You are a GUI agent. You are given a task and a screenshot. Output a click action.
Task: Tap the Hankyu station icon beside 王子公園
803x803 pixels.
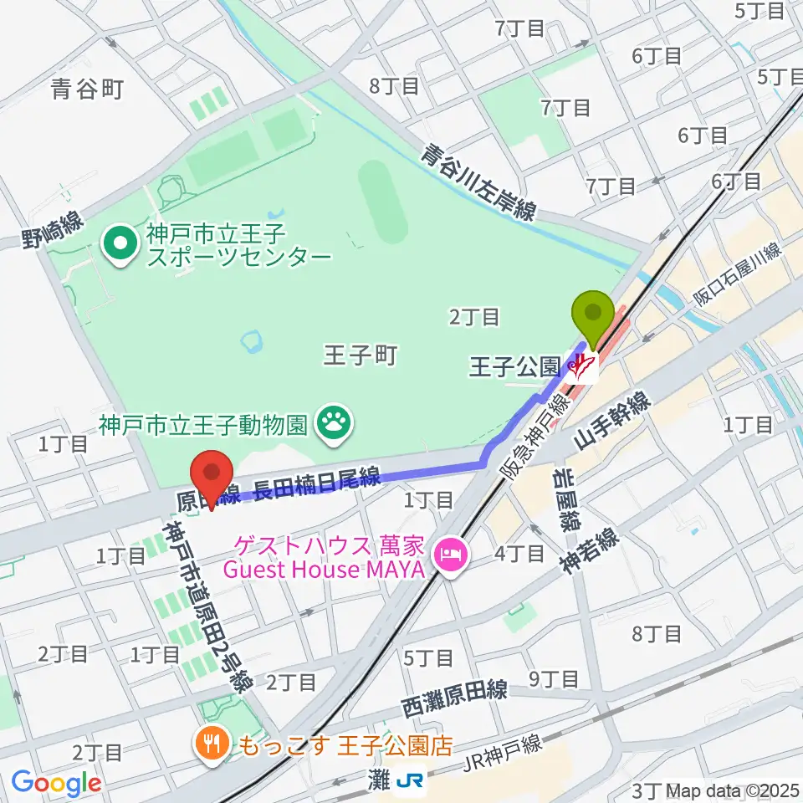click(584, 366)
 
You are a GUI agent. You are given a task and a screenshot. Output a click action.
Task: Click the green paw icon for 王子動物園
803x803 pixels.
click(335, 423)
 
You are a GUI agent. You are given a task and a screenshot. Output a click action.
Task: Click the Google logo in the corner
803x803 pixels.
click(56, 784)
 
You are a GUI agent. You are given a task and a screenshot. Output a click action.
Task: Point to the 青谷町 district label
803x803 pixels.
click(87, 89)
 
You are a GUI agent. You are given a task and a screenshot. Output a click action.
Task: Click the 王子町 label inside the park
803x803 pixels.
click(359, 356)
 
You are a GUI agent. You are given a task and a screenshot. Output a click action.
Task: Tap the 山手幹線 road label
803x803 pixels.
click(613, 422)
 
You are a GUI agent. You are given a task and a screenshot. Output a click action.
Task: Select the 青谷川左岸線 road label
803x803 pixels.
click(478, 183)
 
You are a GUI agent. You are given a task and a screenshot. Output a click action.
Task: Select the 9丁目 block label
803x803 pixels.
click(558, 678)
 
